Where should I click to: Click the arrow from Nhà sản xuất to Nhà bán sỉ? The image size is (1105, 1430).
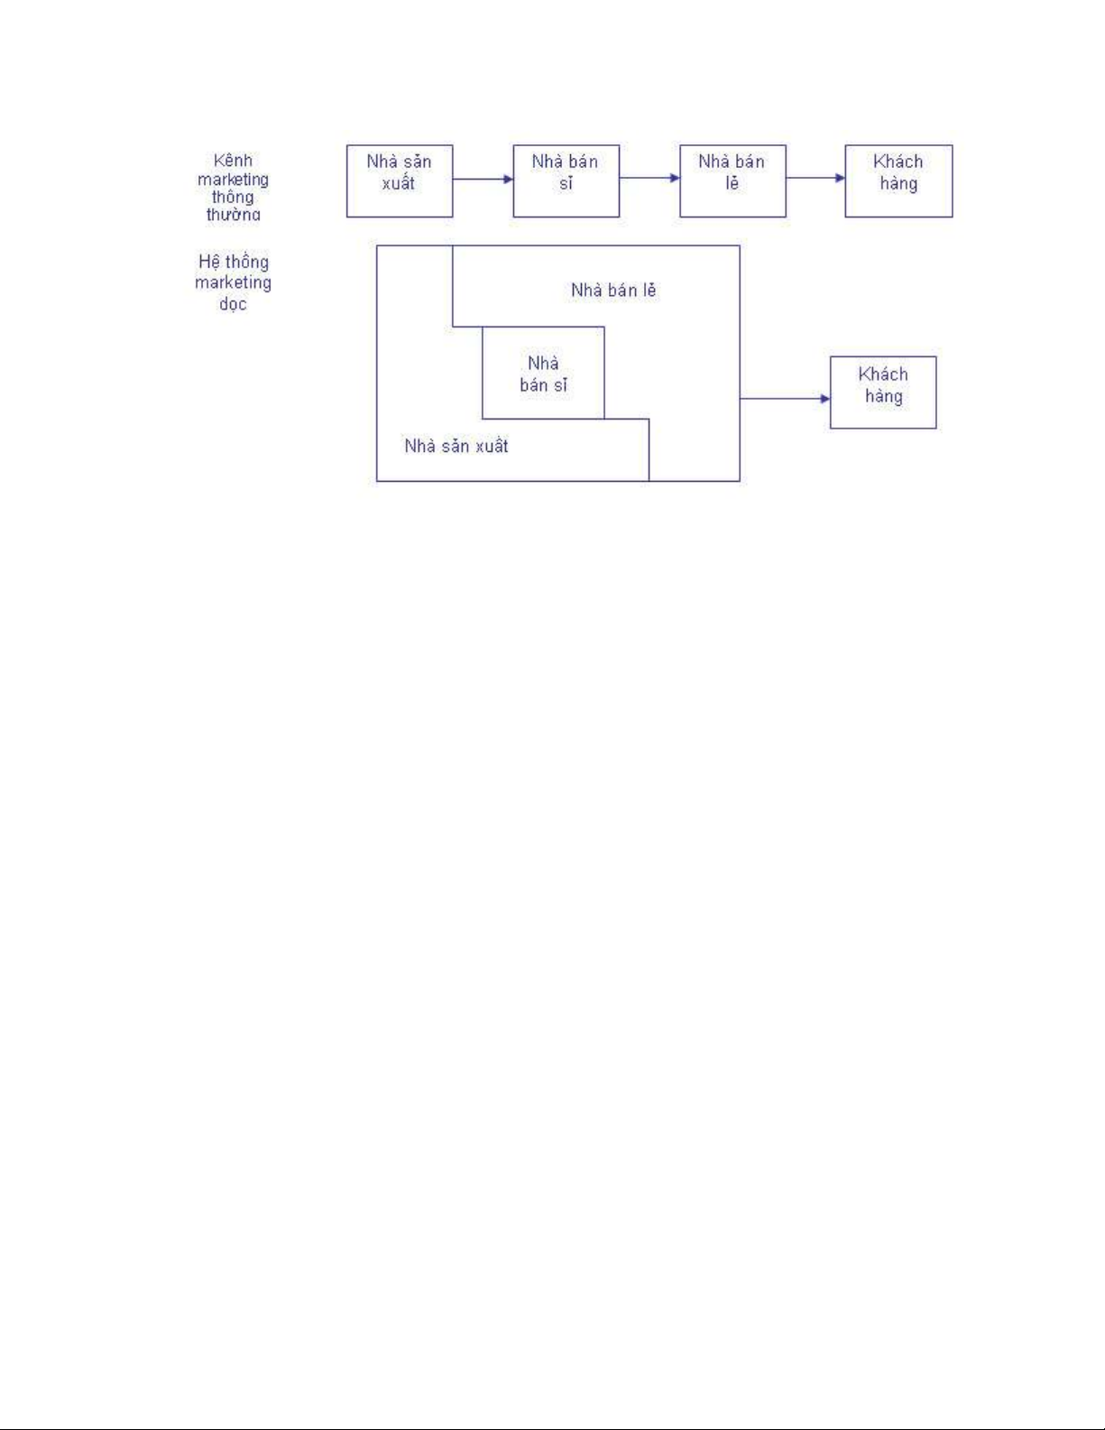pyautogui.click(x=483, y=179)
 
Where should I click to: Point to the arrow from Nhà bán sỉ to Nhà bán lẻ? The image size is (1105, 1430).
pyautogui.click(x=649, y=178)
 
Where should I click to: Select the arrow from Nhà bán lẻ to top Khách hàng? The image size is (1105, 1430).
pyautogui.click(x=815, y=178)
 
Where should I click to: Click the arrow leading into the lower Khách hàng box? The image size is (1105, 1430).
pyautogui.click(x=785, y=398)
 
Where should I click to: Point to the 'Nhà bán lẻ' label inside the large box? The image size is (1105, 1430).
pyautogui.click(x=613, y=291)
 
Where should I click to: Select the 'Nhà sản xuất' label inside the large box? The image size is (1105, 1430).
pyautogui.click(x=456, y=446)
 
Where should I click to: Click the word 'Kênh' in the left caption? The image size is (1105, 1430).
pyautogui.click(x=233, y=161)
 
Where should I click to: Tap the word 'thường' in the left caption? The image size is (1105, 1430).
pyautogui.click(x=233, y=215)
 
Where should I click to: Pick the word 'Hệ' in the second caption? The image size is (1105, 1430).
pyautogui.click(x=208, y=262)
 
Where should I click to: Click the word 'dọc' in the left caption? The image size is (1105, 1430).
pyautogui.click(x=233, y=303)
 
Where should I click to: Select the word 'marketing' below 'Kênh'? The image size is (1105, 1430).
pyautogui.click(x=233, y=180)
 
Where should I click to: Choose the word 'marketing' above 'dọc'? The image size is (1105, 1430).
pyautogui.click(x=233, y=282)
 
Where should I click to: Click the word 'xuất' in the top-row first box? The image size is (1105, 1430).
pyautogui.click(x=399, y=183)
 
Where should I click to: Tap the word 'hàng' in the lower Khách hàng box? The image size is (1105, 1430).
pyautogui.click(x=883, y=396)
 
